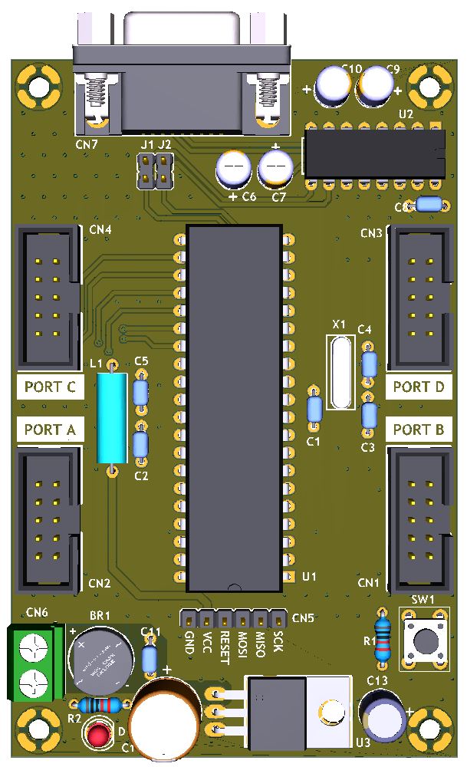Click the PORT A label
[50, 430]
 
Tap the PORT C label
[50, 387]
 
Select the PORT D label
[418, 387]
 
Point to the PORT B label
[418, 430]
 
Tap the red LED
[98, 734]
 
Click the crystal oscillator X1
[340, 374]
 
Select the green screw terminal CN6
[35, 663]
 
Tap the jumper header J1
[144, 171]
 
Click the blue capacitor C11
[150, 658]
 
